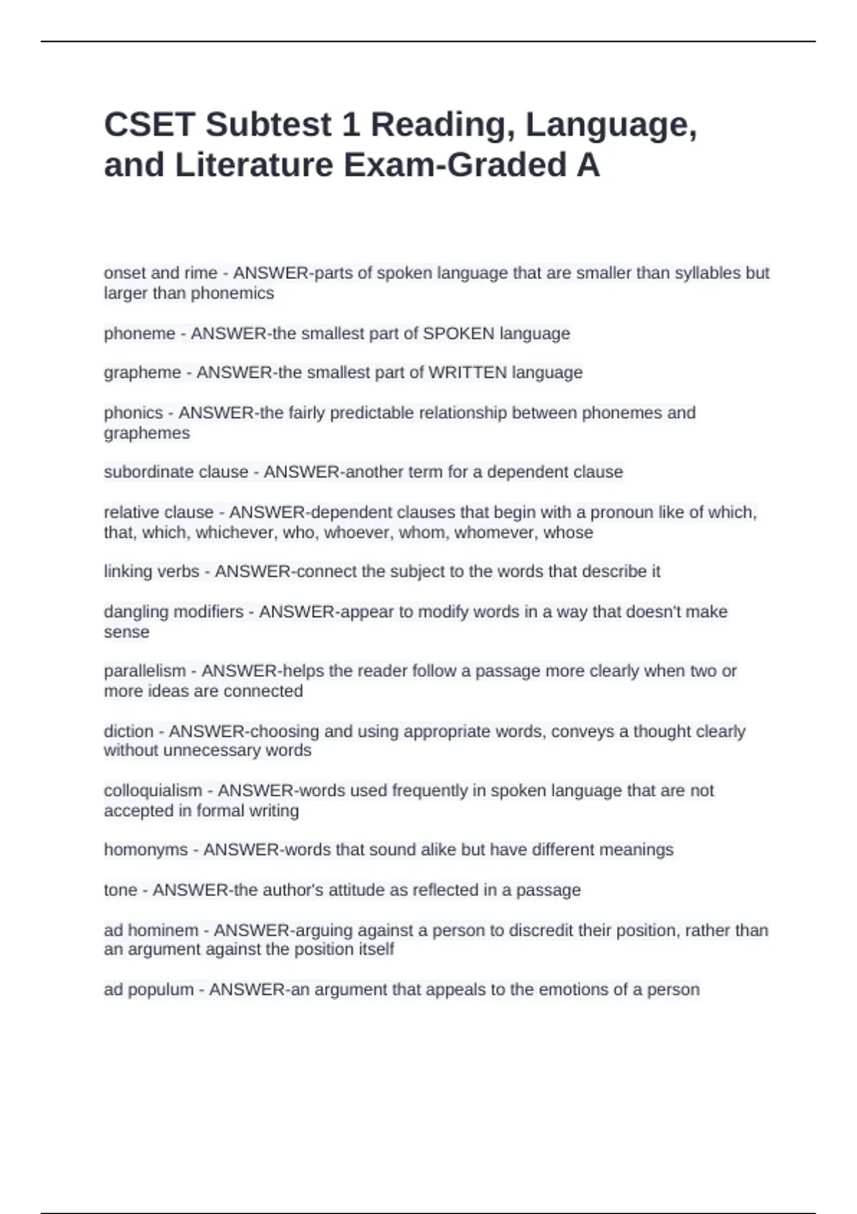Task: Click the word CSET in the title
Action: click(149, 125)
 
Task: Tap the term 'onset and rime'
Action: click(160, 273)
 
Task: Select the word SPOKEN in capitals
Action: click(458, 333)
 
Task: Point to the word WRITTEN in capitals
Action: click(468, 373)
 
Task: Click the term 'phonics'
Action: click(133, 413)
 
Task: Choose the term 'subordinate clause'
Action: click(176, 472)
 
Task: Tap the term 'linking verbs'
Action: click(151, 571)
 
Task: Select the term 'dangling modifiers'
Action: click(174, 612)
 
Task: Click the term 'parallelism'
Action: click(144, 671)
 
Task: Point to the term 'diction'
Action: click(129, 731)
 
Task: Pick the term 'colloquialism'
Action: click(153, 791)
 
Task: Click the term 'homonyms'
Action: click(146, 850)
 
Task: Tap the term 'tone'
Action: click(120, 890)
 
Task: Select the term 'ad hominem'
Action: click(151, 930)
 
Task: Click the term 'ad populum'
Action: click(149, 990)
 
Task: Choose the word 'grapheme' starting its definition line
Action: click(142, 373)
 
